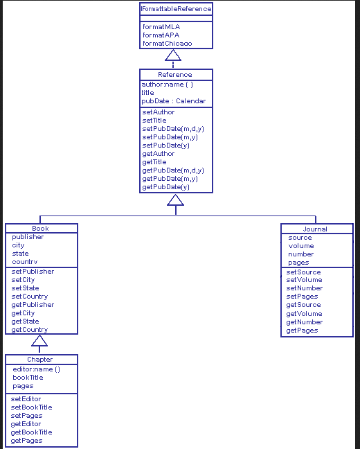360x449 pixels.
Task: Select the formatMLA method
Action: point(161,26)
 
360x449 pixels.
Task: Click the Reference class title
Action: point(175,75)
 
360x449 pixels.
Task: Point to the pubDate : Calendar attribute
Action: point(174,101)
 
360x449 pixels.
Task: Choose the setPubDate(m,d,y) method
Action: point(173,129)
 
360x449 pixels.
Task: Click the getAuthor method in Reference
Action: point(159,154)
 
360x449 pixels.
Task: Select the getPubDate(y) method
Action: point(165,187)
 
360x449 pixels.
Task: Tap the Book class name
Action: point(41,229)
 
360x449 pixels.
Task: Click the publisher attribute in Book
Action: point(28,237)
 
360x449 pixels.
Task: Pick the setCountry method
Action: point(30,297)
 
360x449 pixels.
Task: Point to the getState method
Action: point(25,322)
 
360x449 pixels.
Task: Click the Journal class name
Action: point(315,229)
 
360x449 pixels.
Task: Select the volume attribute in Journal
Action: point(301,246)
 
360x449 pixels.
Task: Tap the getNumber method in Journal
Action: point(304,322)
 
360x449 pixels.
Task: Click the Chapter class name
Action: point(40,360)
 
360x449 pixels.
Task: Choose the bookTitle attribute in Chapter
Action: point(28,378)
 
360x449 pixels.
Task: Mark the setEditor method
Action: point(26,399)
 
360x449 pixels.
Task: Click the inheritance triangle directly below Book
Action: point(40,340)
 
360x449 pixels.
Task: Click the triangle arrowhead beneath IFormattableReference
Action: point(173,55)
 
